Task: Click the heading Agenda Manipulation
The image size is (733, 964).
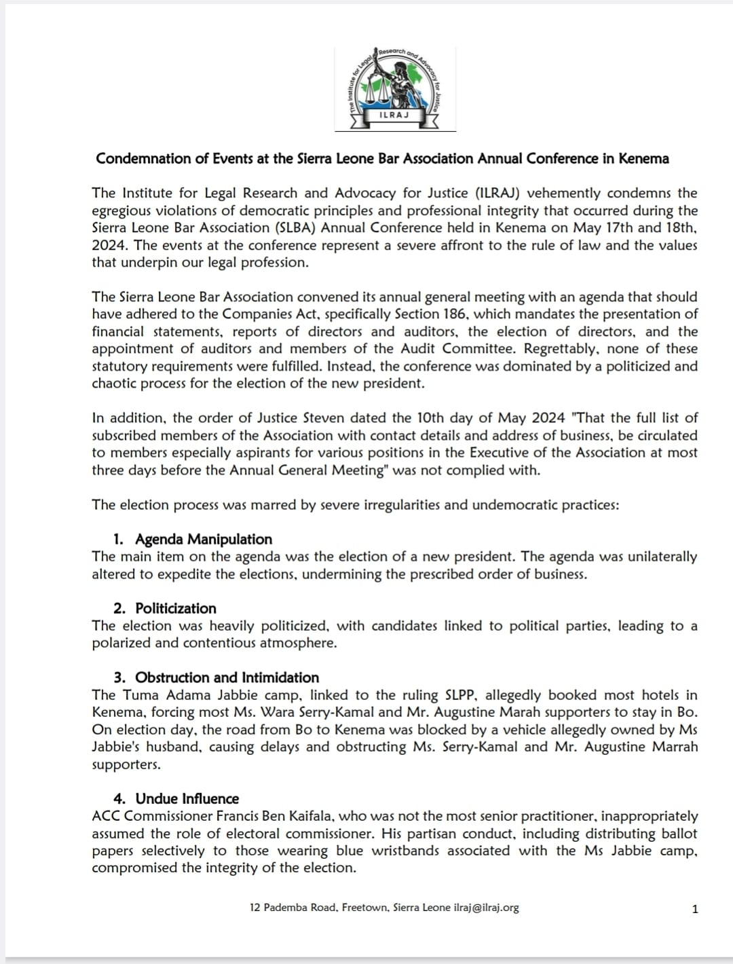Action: pyautogui.click(x=204, y=540)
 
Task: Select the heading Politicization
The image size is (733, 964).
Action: pyautogui.click(x=176, y=609)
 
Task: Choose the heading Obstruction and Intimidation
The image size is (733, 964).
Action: pyautogui.click(x=227, y=678)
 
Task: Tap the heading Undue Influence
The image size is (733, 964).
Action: pyautogui.click(x=187, y=799)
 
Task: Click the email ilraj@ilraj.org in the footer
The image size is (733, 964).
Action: pyautogui.click(x=486, y=908)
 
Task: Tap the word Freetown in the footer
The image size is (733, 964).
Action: pyautogui.click(x=364, y=908)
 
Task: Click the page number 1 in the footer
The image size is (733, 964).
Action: pyautogui.click(x=694, y=909)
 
